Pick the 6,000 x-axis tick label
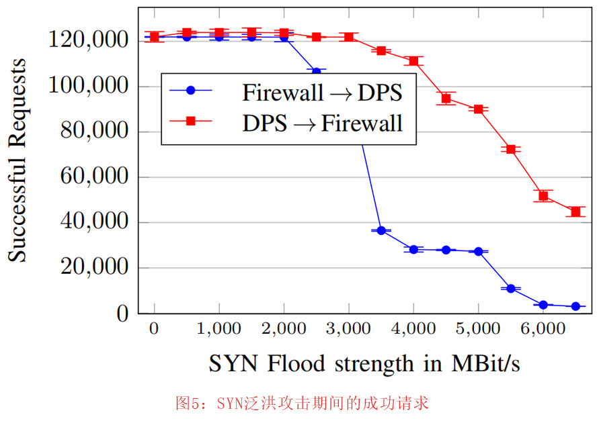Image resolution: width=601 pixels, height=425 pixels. [x=543, y=330]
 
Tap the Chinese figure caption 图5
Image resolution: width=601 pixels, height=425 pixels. [x=302, y=404]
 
